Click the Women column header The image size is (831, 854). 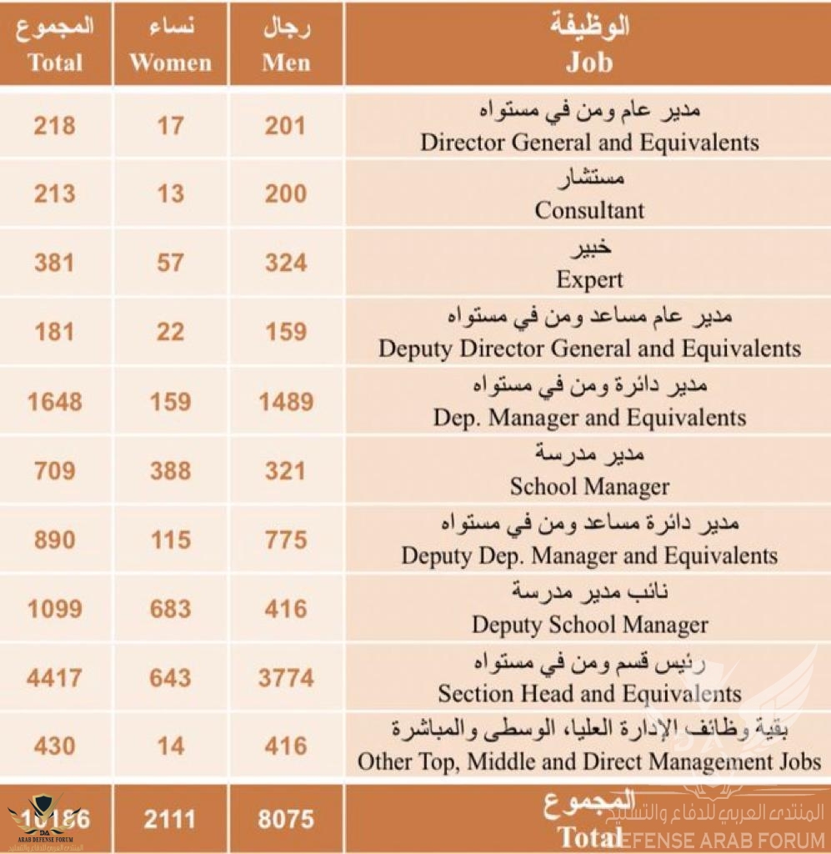point(171,46)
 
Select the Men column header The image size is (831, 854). point(286,46)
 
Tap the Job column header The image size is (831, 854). point(589,46)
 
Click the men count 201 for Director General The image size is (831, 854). point(286,126)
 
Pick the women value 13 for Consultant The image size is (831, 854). point(171,194)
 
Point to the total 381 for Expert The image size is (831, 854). point(54,263)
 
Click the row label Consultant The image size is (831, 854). point(589,210)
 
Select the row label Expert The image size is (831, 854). point(589,279)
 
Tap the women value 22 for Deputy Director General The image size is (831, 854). point(171,332)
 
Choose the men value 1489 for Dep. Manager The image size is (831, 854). point(286,401)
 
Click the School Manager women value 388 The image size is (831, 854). point(171,470)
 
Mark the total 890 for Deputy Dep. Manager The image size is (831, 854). point(54,540)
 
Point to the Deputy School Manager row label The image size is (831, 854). point(589,624)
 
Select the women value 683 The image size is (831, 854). point(171,609)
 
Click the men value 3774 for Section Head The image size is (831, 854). point(286,678)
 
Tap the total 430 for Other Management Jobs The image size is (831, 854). point(54,746)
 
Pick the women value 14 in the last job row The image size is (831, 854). point(171,746)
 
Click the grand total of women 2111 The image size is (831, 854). point(171,819)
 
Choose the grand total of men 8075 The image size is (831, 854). point(286,819)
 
